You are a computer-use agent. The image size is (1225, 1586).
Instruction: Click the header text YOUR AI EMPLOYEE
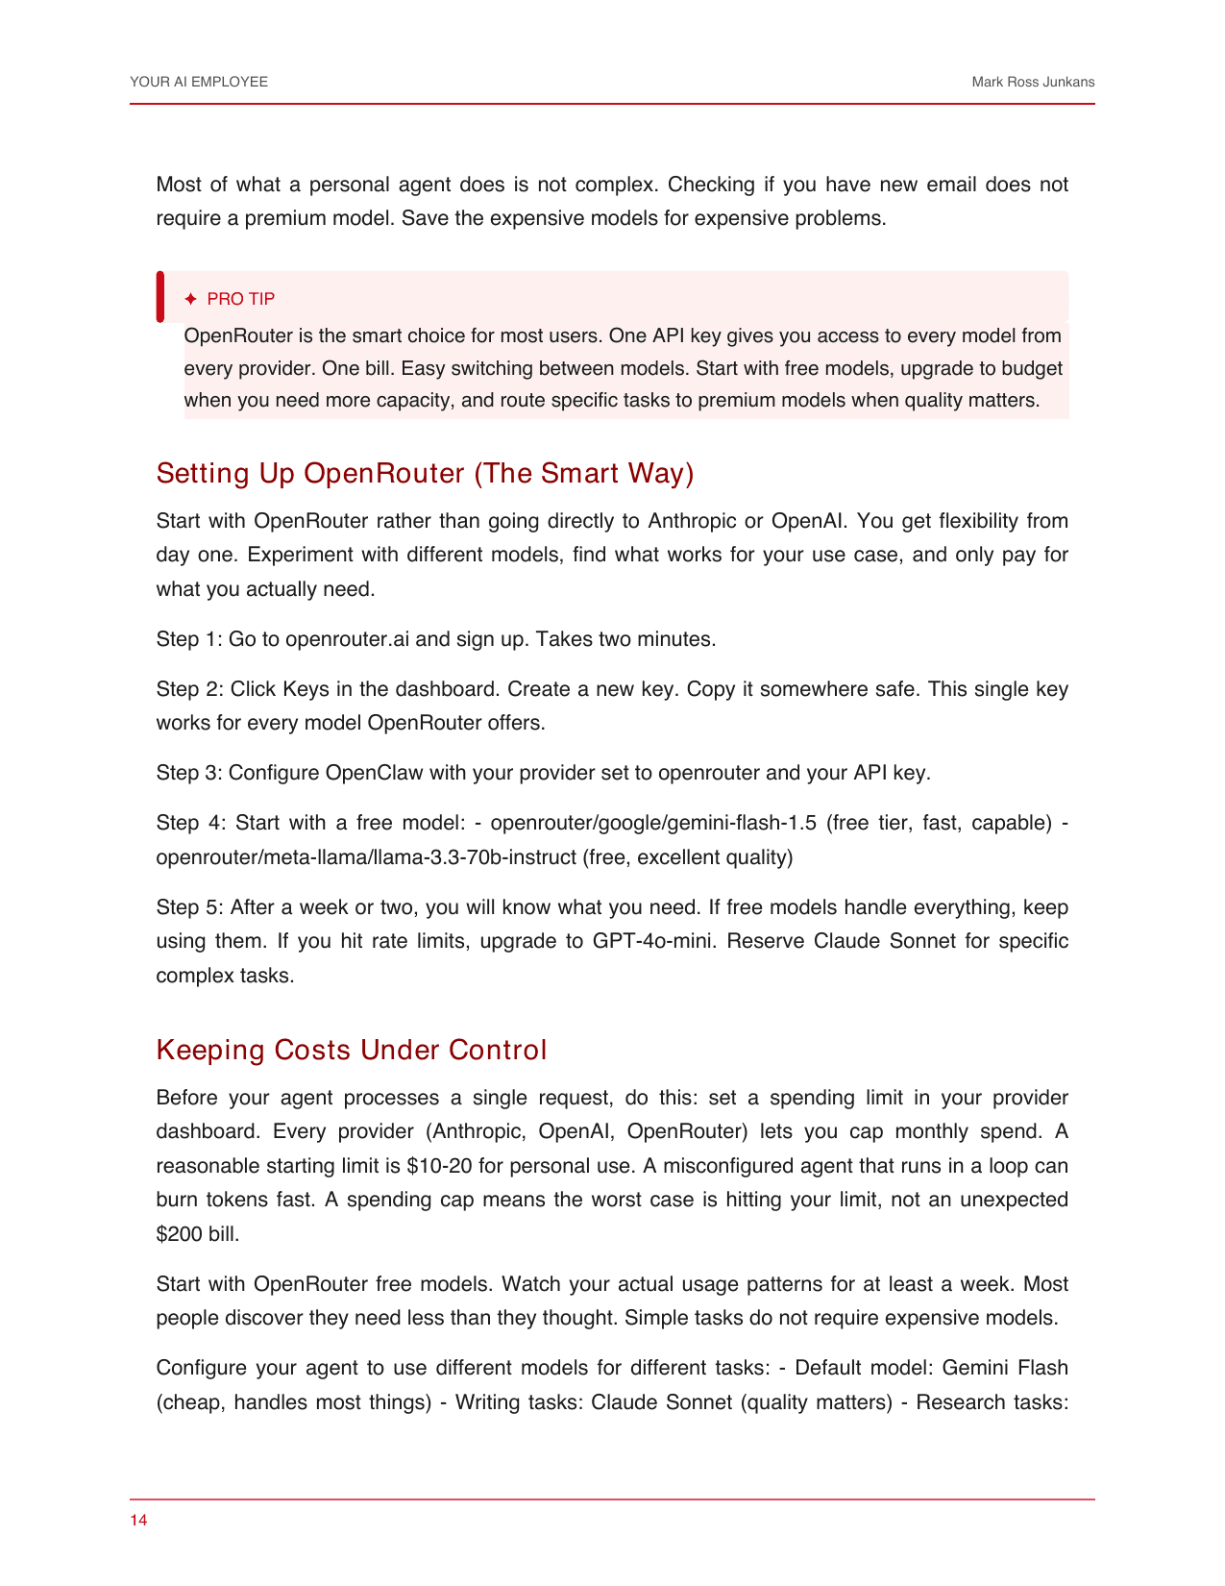(x=199, y=83)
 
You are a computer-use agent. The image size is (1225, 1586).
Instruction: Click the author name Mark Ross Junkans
(x=1033, y=83)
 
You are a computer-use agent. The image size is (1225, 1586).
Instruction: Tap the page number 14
(x=138, y=1520)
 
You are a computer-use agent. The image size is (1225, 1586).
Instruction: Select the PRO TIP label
(x=241, y=299)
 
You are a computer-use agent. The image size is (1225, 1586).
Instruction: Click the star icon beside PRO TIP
(x=190, y=299)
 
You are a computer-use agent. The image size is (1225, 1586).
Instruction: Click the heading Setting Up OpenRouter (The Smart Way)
(x=425, y=474)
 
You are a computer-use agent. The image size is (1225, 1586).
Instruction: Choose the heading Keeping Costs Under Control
(x=351, y=1050)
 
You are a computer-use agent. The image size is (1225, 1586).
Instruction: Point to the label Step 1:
(x=188, y=639)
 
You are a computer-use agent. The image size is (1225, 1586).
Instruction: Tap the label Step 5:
(x=189, y=907)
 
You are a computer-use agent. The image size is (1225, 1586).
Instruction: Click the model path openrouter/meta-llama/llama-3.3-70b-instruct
(x=366, y=857)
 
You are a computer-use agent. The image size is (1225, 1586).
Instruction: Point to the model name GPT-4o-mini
(x=652, y=941)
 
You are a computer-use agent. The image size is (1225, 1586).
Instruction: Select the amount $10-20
(x=438, y=1167)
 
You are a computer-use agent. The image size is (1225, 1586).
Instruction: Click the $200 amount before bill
(x=179, y=1234)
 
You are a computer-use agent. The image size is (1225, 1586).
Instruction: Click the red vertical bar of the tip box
(x=160, y=297)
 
